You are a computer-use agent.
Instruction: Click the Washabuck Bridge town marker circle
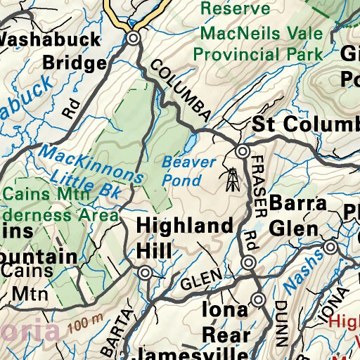click(134, 39)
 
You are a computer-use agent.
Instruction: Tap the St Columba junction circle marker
click(243, 151)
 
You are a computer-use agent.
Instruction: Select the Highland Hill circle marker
click(145, 273)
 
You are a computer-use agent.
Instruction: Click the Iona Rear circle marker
click(259, 300)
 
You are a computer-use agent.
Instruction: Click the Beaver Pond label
click(188, 170)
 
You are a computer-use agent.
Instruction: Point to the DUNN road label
click(281, 323)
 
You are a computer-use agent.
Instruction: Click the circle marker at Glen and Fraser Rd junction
click(248, 262)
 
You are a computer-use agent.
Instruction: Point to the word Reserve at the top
click(235, 8)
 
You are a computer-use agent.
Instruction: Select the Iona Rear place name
click(225, 322)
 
